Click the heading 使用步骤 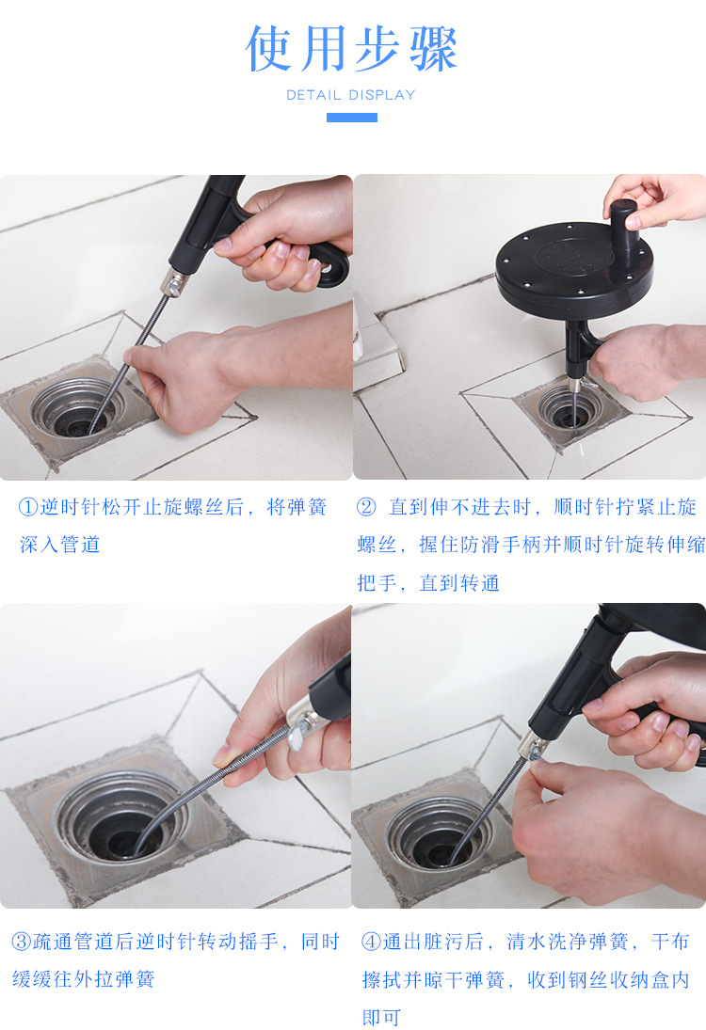351,49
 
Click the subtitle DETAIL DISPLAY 351,95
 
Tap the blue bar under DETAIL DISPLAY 352,118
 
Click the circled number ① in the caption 28,507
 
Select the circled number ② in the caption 366,507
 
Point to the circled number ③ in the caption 22,942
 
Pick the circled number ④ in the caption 372,942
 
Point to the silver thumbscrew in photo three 300,734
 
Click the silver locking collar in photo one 173,282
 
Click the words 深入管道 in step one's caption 60,545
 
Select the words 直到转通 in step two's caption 459,582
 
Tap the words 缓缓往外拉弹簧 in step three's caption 84,979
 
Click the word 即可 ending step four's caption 381,1018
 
